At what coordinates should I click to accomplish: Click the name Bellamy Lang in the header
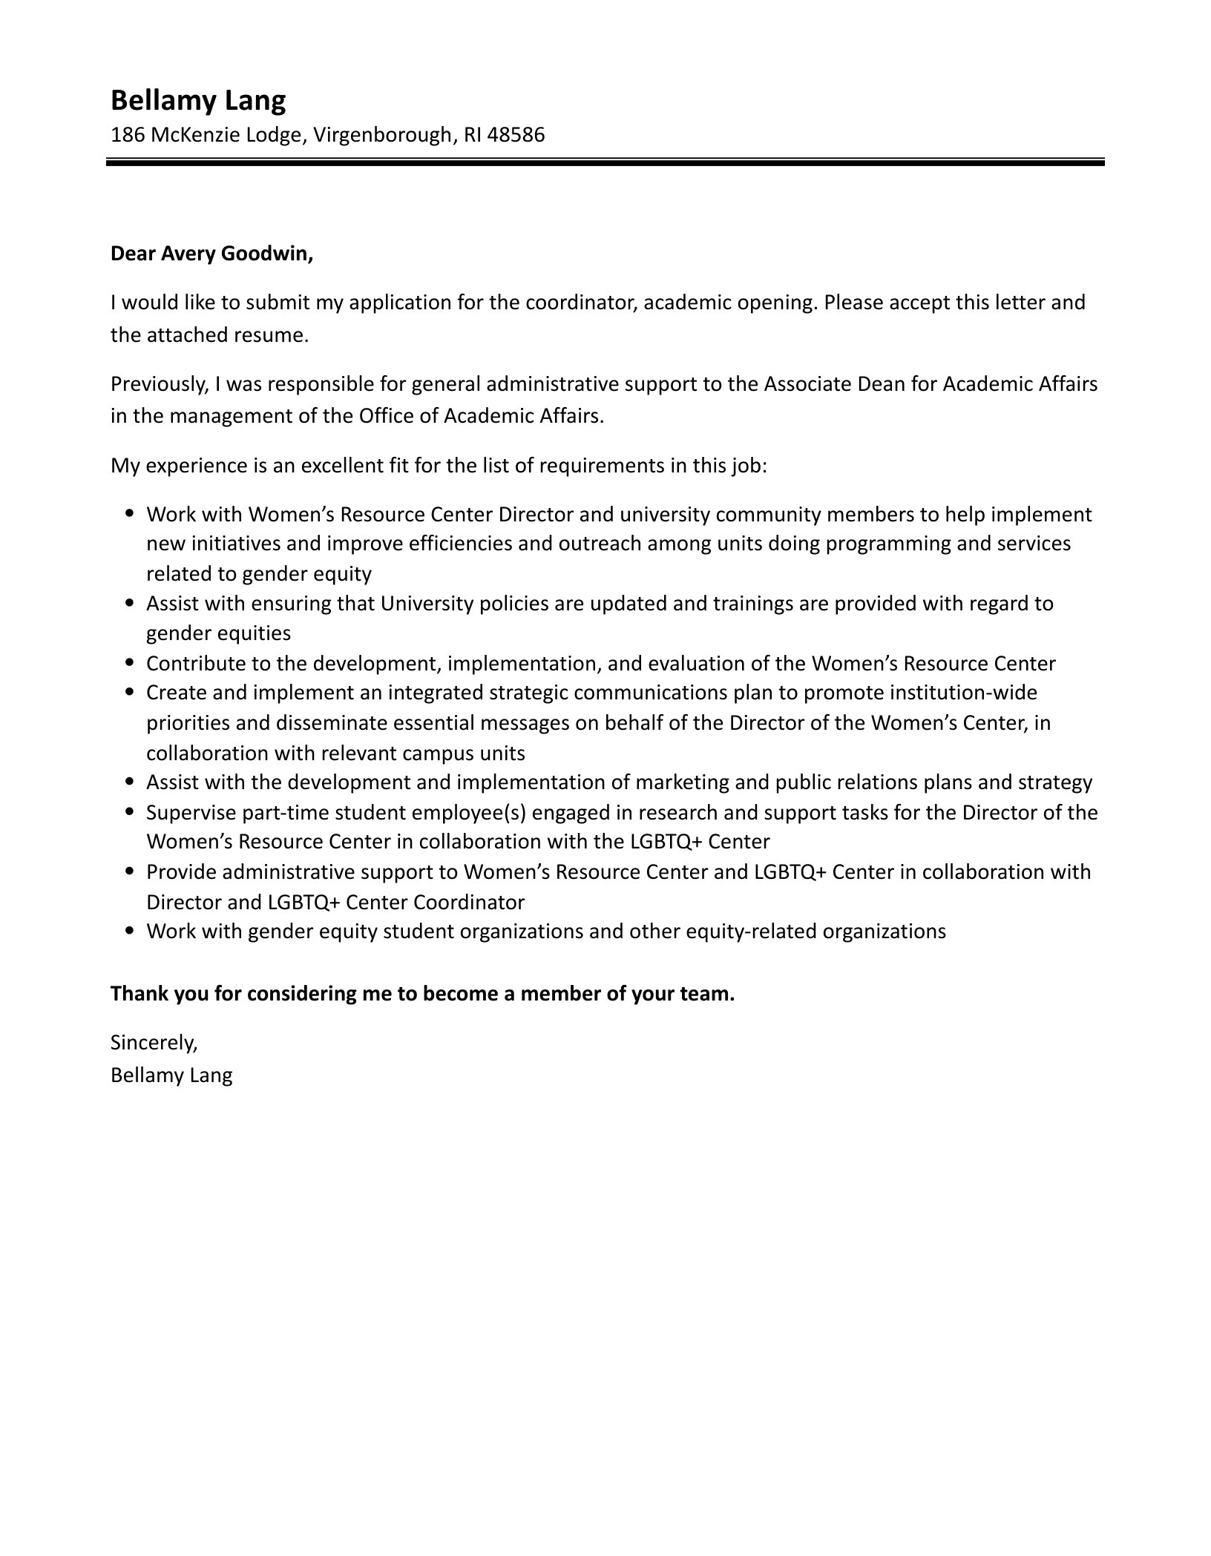tap(197, 100)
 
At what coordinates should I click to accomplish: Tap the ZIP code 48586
tap(516, 135)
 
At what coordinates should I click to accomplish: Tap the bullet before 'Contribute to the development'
tap(131, 662)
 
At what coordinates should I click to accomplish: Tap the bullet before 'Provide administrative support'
tap(131, 871)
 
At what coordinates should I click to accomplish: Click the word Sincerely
tap(154, 1043)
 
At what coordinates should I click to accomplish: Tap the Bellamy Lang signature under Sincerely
tap(171, 1075)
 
